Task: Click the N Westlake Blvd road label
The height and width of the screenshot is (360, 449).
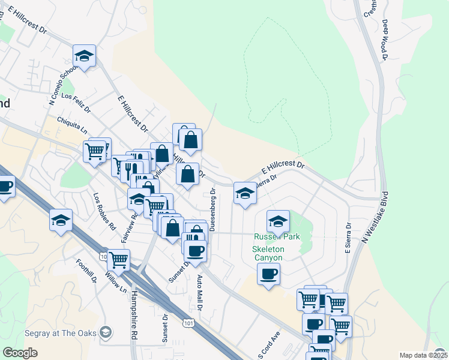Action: click(x=375, y=217)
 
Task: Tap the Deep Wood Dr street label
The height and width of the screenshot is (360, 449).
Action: click(x=385, y=40)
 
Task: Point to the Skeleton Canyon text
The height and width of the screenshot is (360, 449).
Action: click(x=267, y=253)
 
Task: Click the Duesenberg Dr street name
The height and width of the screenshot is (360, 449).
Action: click(x=212, y=209)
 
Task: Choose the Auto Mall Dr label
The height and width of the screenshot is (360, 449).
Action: click(x=200, y=292)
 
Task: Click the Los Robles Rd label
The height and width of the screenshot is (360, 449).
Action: click(x=104, y=211)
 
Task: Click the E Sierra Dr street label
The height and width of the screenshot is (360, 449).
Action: click(x=348, y=238)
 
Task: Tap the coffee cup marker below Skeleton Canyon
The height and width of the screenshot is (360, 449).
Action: click(x=268, y=274)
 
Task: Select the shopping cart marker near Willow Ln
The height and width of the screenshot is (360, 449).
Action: click(x=118, y=260)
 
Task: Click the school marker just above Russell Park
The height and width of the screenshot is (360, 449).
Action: click(x=278, y=221)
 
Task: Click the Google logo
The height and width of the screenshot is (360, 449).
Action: click(x=20, y=353)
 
